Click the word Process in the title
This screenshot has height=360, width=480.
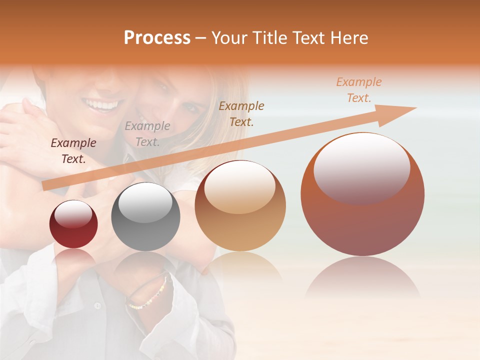[x=157, y=38]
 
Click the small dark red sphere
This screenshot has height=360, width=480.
[x=73, y=224]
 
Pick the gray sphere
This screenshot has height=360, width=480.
[x=145, y=216]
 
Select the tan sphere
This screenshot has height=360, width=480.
[x=240, y=205]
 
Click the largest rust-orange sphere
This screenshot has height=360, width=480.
[x=362, y=194]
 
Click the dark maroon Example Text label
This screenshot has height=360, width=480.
[x=73, y=151]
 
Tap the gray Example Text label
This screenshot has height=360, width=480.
[x=147, y=134]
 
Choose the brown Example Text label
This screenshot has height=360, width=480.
[x=241, y=113]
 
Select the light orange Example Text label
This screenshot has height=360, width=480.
[x=358, y=90]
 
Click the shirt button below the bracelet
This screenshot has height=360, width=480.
[x=97, y=305]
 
